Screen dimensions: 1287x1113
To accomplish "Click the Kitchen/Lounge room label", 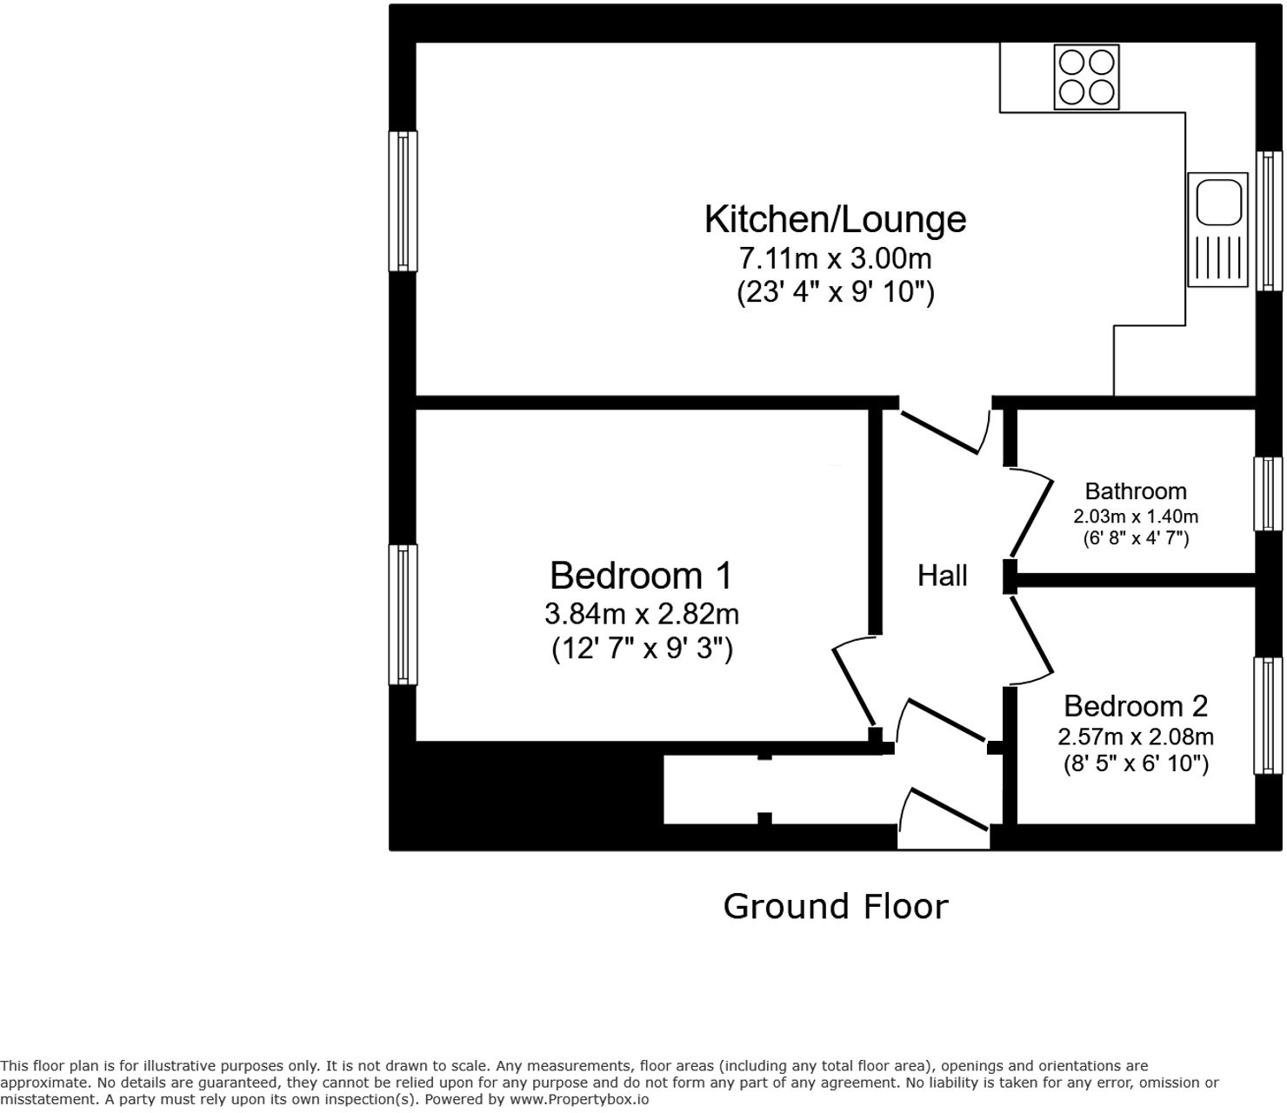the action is pyautogui.click(x=835, y=220).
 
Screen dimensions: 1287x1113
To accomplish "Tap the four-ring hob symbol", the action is pyautogui.click(x=1086, y=77).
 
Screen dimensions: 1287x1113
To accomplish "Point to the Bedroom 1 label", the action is pyautogui.click(x=641, y=575).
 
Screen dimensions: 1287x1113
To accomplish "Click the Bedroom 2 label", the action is pyautogui.click(x=1136, y=706).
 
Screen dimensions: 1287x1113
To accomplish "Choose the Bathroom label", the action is pyautogui.click(x=1136, y=492).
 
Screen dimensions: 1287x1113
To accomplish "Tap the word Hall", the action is pyautogui.click(x=942, y=576).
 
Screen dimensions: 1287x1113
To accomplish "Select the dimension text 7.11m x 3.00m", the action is pyautogui.click(x=835, y=258).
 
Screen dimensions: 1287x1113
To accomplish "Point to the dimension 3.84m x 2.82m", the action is pyautogui.click(x=641, y=615).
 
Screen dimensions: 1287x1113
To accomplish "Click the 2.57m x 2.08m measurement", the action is pyautogui.click(x=1136, y=737).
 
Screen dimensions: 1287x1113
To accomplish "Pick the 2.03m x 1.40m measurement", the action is pyautogui.click(x=1136, y=517).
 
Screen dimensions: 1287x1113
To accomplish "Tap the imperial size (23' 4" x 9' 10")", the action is pyautogui.click(x=836, y=292).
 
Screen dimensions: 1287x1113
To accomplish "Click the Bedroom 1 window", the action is pyautogui.click(x=403, y=615).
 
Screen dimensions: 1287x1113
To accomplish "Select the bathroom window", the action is pyautogui.click(x=1269, y=494).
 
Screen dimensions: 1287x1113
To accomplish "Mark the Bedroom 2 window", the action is pyautogui.click(x=1269, y=716).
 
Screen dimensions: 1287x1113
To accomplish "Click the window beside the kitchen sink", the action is pyautogui.click(x=1270, y=221).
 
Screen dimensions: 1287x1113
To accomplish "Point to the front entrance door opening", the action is pyautogui.click(x=944, y=838).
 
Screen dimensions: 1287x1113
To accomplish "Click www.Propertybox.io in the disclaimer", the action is pyautogui.click(x=579, y=1100).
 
